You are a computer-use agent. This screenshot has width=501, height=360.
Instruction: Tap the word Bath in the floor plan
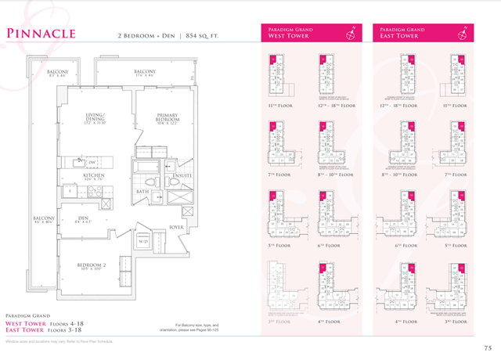(x=142, y=191)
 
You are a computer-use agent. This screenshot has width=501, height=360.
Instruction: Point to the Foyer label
(x=177, y=229)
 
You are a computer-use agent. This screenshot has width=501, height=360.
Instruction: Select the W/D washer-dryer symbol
(x=143, y=243)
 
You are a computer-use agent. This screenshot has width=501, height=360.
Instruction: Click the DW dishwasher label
(x=92, y=163)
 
